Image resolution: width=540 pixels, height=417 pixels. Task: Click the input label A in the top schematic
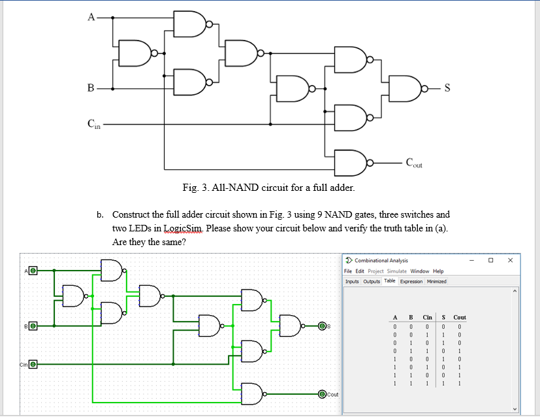91,18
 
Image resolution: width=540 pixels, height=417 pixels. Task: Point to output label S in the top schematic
447,88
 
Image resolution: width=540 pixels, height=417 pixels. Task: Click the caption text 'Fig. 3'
196,188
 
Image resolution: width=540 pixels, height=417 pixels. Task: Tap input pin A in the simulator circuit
32,270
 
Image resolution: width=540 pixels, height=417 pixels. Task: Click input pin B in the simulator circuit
32,325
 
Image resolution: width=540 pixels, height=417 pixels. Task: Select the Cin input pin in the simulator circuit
32,363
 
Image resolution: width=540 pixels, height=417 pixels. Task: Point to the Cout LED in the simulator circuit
321,394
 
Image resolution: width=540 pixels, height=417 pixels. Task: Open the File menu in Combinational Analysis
349,271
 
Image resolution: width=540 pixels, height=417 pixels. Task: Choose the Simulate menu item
397,271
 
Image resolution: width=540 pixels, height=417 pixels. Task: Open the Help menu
438,271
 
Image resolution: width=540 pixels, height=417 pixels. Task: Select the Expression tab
411,281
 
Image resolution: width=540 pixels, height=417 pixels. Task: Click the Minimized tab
437,281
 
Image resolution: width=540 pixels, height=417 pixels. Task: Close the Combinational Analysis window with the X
510,260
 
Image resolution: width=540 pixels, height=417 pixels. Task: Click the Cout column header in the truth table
460,317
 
